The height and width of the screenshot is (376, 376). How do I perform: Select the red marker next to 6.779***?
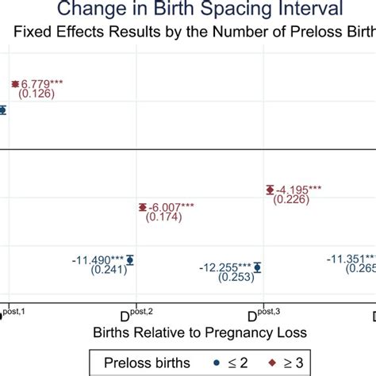tap(14, 83)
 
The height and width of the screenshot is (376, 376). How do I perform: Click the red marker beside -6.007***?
tap(142, 207)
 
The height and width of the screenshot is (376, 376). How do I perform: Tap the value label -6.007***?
tap(172, 207)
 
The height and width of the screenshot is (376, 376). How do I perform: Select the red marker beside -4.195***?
tap(270, 189)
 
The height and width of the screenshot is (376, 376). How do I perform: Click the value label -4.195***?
tap(300, 189)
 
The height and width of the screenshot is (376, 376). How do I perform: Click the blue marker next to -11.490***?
tap(131, 259)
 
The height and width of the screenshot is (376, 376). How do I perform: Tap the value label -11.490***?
tap(97, 259)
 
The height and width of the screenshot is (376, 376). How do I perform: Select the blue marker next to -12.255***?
tap(257, 267)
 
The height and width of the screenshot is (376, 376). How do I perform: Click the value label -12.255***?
tap(224, 267)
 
